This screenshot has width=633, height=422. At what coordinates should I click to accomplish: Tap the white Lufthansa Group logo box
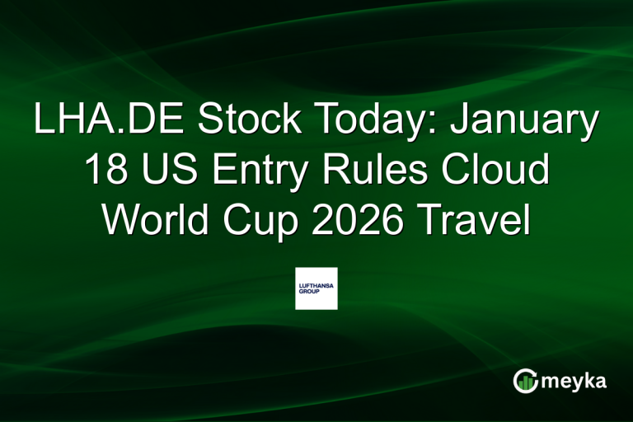(316, 288)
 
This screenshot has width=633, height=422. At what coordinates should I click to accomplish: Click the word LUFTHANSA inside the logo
(315, 285)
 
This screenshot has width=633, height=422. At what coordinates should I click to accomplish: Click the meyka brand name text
(576, 381)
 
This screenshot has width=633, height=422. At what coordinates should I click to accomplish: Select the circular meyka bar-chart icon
(525, 380)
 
